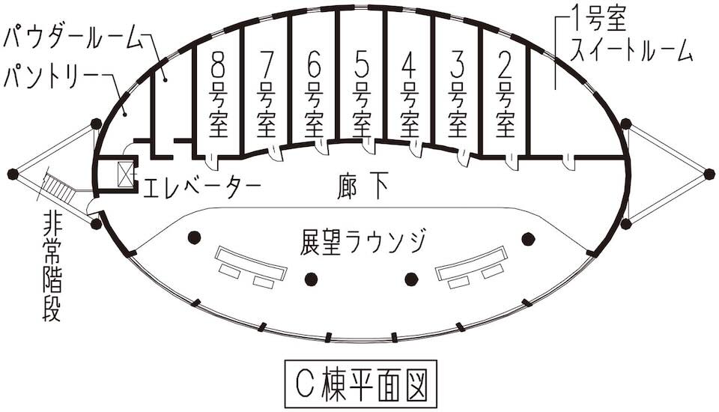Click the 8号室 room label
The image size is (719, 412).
tap(219, 94)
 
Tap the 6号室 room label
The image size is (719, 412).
tap(315, 94)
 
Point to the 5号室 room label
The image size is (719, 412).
tap(362, 94)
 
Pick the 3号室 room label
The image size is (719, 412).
tap(458, 94)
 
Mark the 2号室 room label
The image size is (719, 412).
tap(506, 94)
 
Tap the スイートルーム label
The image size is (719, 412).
tap(631, 50)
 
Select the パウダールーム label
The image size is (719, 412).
tap(72, 36)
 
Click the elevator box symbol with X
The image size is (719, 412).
tap(123, 175)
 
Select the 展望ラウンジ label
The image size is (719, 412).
tap(363, 241)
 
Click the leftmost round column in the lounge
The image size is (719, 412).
tap(194, 238)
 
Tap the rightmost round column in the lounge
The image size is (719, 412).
tap(529, 239)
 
